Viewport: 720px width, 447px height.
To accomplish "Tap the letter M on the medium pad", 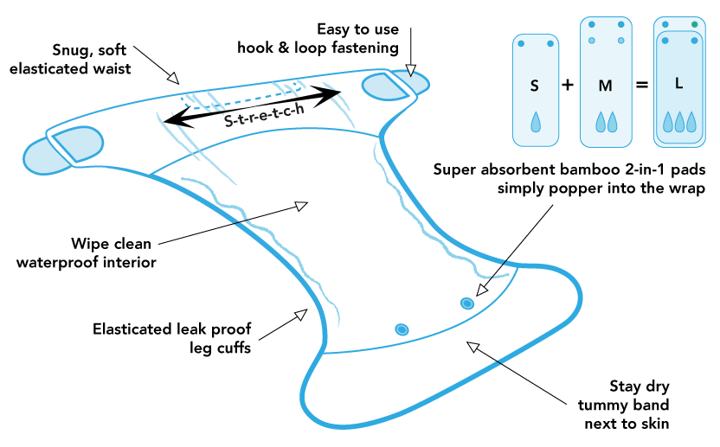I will (x=606, y=86).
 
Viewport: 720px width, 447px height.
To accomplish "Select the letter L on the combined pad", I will (x=678, y=85).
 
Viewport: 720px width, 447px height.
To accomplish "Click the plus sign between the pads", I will (x=568, y=86).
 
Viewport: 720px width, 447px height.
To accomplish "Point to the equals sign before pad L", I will (x=641, y=86).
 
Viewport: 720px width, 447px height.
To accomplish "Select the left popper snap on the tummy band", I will (x=402, y=329).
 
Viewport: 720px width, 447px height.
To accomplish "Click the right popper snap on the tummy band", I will (x=467, y=303).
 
